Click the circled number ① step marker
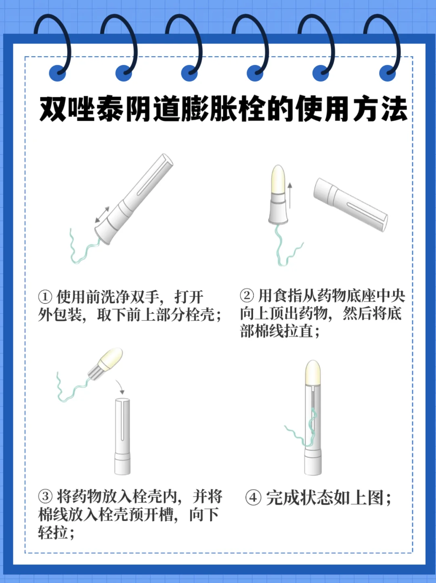45,297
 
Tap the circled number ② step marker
247,296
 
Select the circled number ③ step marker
45,497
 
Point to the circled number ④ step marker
253,498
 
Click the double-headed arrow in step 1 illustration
102,215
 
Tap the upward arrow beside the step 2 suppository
290,195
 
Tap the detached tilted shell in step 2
350,204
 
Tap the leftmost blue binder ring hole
57,72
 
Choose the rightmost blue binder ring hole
388,72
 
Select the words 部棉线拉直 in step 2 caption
277,331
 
